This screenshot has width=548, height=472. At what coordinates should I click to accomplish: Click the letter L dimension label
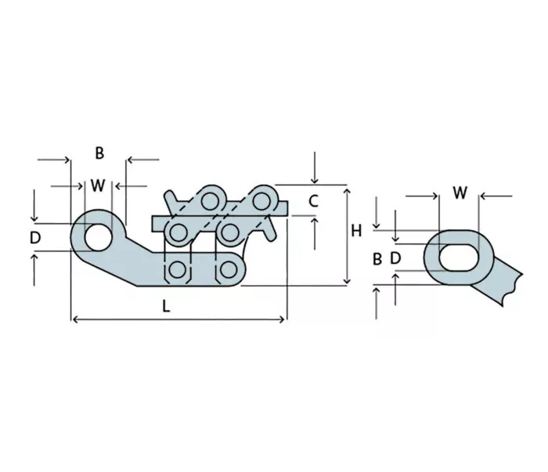click(166, 306)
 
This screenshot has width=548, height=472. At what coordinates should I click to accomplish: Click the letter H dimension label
click(356, 231)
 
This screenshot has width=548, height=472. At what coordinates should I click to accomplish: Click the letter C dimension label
click(313, 201)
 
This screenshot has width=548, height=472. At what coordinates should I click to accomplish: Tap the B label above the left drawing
click(99, 153)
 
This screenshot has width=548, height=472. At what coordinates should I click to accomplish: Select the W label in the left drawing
click(98, 186)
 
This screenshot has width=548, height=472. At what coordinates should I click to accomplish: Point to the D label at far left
click(35, 238)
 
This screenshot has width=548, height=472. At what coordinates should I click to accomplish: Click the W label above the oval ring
click(460, 193)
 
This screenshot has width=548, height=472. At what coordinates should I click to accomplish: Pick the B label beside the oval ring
click(377, 259)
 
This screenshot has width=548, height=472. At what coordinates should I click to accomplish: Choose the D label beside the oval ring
click(395, 258)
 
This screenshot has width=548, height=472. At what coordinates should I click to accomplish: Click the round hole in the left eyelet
click(98, 238)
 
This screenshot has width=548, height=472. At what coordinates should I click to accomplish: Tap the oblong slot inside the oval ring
click(459, 258)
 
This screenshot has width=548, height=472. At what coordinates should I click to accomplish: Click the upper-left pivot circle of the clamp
click(210, 201)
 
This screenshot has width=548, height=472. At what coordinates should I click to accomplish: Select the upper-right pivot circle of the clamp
click(261, 202)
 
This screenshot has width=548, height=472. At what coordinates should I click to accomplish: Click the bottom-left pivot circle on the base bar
click(177, 270)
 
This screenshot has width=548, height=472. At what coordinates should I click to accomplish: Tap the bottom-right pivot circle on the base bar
click(229, 269)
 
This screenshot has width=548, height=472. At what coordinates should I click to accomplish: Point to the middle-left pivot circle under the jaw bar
click(178, 232)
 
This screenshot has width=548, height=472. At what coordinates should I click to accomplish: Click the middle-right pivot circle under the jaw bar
click(229, 232)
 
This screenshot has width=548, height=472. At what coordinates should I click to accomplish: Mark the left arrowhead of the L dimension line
click(74, 319)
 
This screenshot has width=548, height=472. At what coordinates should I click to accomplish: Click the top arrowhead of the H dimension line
click(347, 191)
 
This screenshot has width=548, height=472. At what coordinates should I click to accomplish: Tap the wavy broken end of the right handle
click(513, 290)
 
